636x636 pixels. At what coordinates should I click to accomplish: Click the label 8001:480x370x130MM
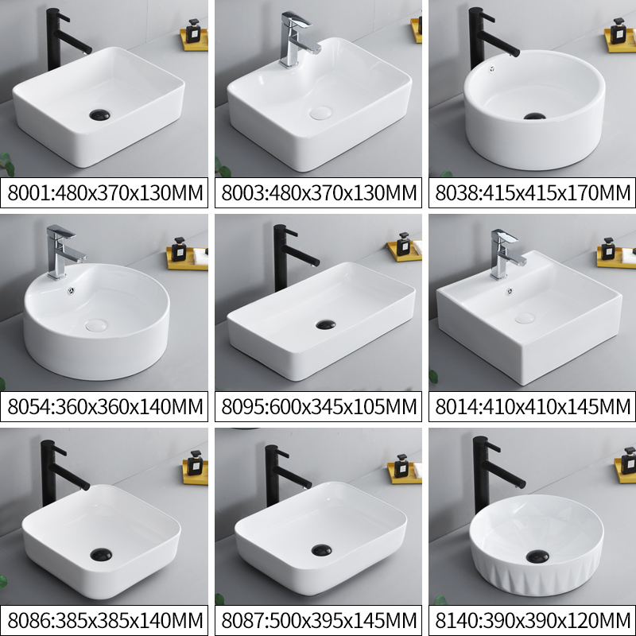pyautogui.click(x=105, y=193)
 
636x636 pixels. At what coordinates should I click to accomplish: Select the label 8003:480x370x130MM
pyautogui.click(x=318, y=193)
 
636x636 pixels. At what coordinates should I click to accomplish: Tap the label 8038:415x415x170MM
pyautogui.click(x=531, y=193)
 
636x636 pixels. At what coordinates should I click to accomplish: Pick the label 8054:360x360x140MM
pyautogui.click(x=105, y=408)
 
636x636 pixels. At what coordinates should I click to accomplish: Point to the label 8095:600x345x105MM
pyautogui.click(x=318, y=408)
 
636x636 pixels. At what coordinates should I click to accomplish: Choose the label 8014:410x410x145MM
pyautogui.click(x=531, y=408)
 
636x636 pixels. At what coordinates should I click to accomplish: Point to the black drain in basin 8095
pyautogui.click(x=325, y=324)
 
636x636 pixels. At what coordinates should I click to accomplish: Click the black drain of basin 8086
pyautogui.click(x=101, y=551)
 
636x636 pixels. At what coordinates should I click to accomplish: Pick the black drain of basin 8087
pyautogui.click(x=323, y=549)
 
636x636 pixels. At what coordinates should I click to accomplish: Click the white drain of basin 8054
pyautogui.click(x=95, y=324)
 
